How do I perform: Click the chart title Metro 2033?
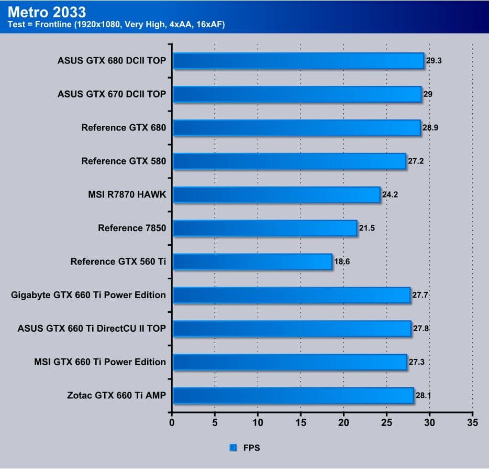47,11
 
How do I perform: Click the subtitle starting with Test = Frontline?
116,24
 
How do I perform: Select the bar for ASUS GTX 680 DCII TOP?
298,61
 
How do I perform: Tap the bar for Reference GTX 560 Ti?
252,261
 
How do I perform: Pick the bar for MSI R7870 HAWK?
276,195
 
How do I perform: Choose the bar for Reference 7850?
264,228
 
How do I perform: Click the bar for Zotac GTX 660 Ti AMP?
293,396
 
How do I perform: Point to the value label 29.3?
434,61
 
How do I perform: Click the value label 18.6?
342,261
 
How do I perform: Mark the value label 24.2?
390,195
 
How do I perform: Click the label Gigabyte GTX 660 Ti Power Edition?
88,295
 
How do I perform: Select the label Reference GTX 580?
124,161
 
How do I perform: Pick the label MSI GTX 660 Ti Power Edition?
100,362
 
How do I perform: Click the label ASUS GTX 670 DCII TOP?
112,94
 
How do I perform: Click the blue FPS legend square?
233,448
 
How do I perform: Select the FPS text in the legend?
251,448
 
